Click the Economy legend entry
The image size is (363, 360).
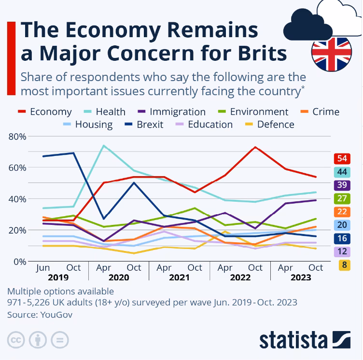pos(44,112)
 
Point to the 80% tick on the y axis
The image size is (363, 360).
pos(17,137)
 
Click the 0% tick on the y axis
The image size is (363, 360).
pos(19,261)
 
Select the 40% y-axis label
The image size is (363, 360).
pos(17,199)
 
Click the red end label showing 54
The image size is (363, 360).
pos(342,159)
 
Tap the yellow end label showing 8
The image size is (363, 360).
pos(342,264)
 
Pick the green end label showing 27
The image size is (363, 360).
pos(342,198)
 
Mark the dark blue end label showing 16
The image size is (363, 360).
pos(342,238)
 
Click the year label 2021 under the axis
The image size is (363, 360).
pos(180,277)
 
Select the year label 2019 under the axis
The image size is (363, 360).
pos(58,277)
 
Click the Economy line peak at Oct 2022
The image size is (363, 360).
pos(255,147)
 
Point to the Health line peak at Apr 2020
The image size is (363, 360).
pos(104,145)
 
